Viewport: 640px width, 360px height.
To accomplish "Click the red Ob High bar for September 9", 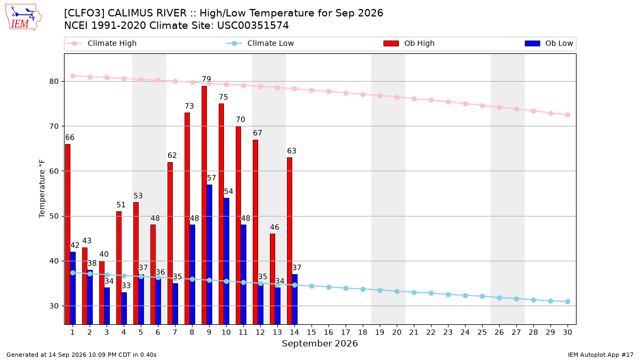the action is tap(204, 205).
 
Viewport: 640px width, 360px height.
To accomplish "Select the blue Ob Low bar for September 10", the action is tap(226, 261).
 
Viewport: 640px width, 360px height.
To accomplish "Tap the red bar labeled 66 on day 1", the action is tap(68, 234).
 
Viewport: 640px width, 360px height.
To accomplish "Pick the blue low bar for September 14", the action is tap(294, 299).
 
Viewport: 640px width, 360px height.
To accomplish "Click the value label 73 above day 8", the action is tap(189, 106).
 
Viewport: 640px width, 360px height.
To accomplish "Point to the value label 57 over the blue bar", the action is tap(211, 178).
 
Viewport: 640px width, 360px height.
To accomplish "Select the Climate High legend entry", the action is tap(101, 43).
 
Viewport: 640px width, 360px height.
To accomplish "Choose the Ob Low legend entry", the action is tap(549, 43).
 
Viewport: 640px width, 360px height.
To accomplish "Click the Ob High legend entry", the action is tap(409, 43).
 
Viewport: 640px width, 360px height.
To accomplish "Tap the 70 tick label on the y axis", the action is tap(54, 126).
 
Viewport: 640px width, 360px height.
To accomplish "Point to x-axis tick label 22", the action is tap(431, 332).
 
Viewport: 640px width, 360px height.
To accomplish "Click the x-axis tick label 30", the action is tap(567, 332).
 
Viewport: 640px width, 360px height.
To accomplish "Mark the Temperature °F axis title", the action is tap(42, 189).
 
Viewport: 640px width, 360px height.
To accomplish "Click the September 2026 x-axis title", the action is tap(319, 343).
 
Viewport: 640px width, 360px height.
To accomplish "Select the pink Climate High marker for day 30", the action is tap(567, 115).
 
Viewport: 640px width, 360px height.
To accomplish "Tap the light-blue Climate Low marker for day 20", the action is tap(397, 291).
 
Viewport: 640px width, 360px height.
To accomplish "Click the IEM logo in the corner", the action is tap(23, 18).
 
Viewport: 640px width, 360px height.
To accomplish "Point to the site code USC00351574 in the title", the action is tap(253, 26).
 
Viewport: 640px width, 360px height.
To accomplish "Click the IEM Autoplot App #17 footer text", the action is tap(601, 355).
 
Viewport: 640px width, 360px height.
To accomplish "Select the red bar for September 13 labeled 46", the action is tap(273, 279).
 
